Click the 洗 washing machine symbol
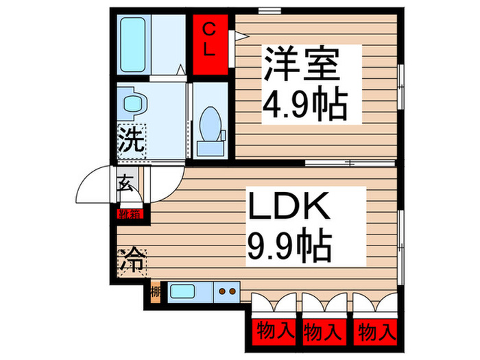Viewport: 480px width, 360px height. [130, 141]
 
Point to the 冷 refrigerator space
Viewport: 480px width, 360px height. [132, 261]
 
